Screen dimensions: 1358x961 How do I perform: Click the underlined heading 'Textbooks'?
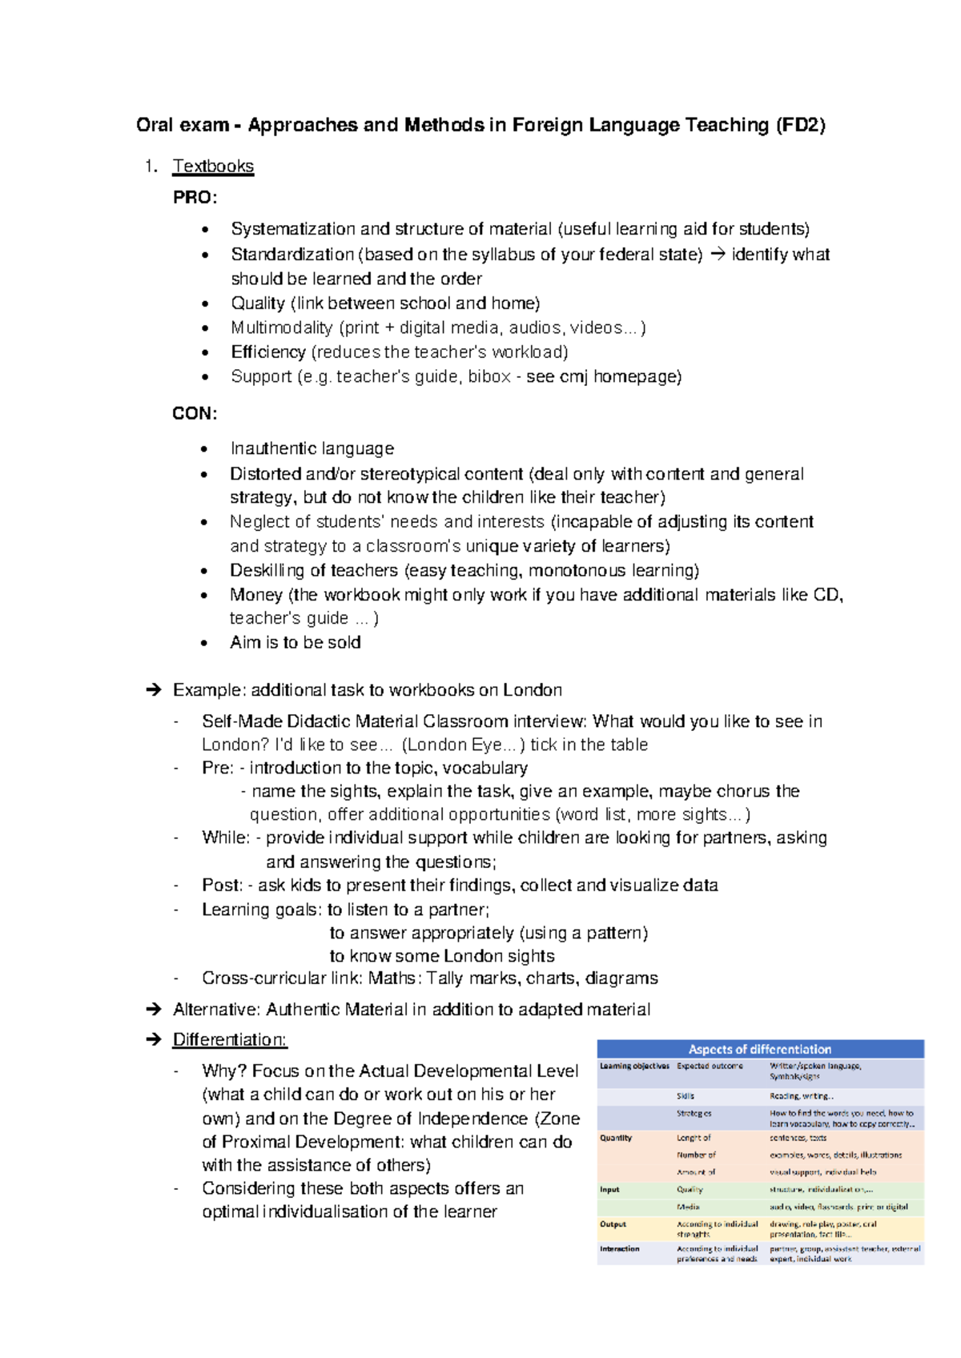pyautogui.click(x=213, y=167)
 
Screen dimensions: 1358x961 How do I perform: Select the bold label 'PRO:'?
pyautogui.click(x=195, y=198)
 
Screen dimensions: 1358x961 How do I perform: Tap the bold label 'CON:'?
pyautogui.click(x=195, y=414)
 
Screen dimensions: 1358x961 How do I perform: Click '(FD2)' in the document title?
pyautogui.click(x=800, y=125)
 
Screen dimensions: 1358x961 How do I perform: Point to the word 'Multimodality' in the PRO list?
pyautogui.click(x=281, y=327)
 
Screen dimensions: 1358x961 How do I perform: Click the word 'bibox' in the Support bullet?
pyautogui.click(x=489, y=376)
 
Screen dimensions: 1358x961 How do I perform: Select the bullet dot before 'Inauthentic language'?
pyautogui.click(x=206, y=449)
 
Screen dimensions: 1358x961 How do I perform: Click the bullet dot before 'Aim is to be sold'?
pyautogui.click(x=206, y=643)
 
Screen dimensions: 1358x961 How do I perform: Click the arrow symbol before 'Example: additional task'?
pyautogui.click(x=154, y=690)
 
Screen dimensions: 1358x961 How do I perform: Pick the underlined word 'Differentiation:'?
pyautogui.click(x=230, y=1040)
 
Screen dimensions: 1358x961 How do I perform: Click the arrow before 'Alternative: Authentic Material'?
pyautogui.click(x=154, y=1010)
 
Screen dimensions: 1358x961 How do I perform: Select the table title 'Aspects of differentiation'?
pyautogui.click(x=760, y=1049)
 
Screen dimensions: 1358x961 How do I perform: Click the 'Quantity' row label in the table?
pyautogui.click(x=616, y=1138)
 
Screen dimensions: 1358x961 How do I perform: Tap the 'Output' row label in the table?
pyautogui.click(x=613, y=1224)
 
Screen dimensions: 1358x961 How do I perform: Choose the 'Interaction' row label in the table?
pyautogui.click(x=619, y=1248)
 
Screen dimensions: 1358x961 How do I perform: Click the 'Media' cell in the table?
pyautogui.click(x=688, y=1207)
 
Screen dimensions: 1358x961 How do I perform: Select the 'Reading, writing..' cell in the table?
pyautogui.click(x=802, y=1096)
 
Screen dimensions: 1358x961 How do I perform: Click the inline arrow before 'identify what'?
pyautogui.click(x=717, y=255)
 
